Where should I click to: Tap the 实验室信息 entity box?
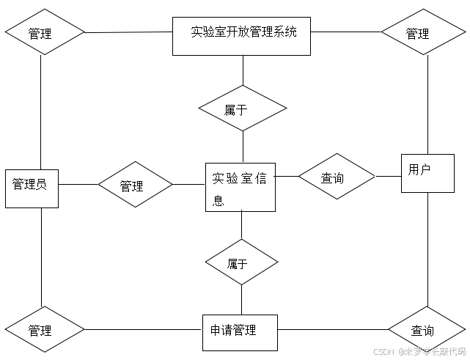coord(240,187)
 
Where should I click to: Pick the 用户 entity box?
coord(427,173)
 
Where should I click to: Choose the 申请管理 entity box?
coord(240,334)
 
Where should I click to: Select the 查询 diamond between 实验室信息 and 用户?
coord(336,177)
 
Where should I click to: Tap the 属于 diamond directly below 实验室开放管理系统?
coord(243,109)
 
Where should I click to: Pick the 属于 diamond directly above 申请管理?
coord(242,262)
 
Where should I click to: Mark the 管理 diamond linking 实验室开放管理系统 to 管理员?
coord(45,33)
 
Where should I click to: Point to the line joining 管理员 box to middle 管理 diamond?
coord(78,185)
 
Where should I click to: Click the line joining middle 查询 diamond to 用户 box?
coord(388,176)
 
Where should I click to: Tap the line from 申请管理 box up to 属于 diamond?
coord(242,300)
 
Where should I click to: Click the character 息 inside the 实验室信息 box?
coord(218,200)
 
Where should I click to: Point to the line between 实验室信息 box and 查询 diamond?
coord(287,176)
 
